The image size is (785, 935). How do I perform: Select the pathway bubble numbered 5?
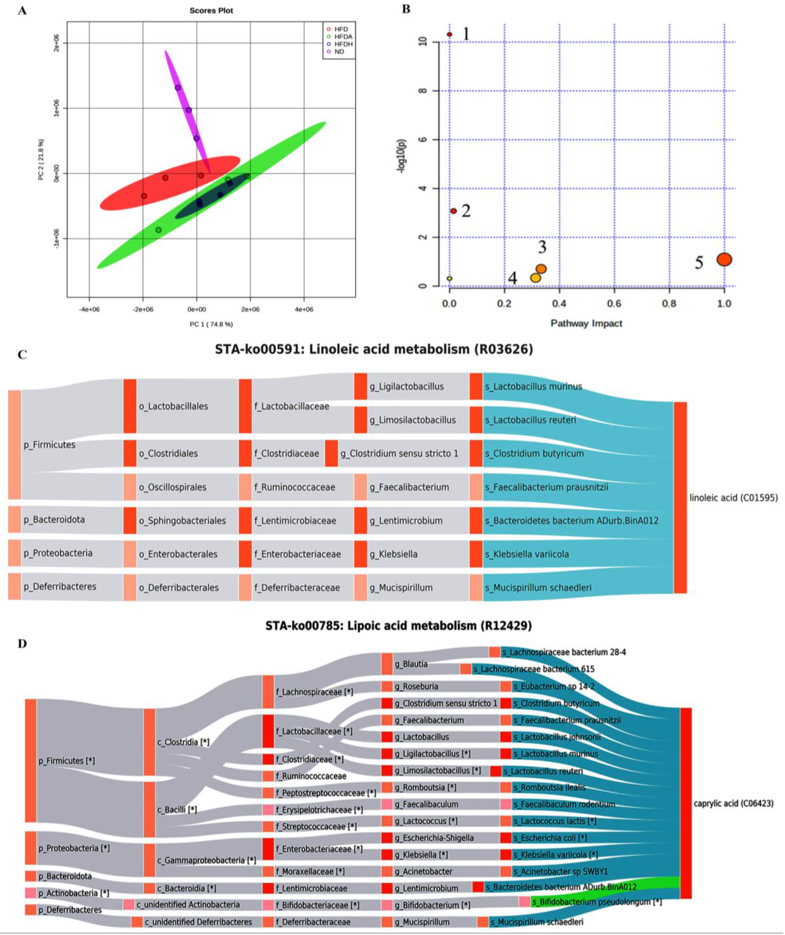point(724,259)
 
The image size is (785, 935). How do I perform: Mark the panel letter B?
point(406,9)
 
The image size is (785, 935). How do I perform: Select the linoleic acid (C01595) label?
point(733,498)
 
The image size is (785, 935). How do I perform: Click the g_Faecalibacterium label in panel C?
point(409,487)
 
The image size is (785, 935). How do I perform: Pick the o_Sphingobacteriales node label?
point(182,521)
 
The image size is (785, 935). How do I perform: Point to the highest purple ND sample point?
point(178,88)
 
